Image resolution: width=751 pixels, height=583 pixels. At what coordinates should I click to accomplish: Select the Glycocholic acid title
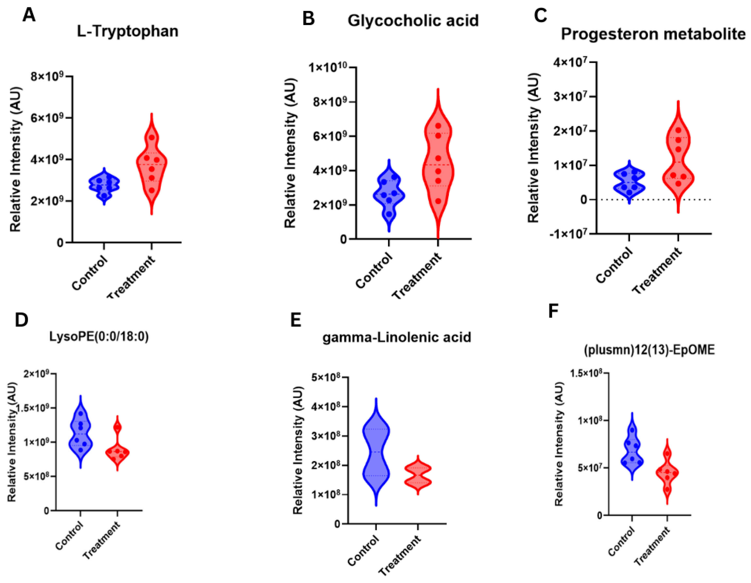[413, 21]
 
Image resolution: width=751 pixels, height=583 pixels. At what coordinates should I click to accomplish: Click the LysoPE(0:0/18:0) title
[99, 336]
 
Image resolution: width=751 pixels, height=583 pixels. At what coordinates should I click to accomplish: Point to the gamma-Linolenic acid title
[396, 337]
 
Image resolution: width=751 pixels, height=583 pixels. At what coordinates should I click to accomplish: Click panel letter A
[29, 16]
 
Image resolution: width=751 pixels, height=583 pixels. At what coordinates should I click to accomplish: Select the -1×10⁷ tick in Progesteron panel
[568, 234]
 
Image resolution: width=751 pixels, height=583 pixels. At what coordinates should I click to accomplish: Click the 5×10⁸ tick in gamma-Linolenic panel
[326, 378]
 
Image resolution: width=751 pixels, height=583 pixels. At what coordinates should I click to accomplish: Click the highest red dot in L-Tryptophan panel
[152, 138]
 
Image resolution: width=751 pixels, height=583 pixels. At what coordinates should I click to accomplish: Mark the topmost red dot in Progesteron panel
[678, 130]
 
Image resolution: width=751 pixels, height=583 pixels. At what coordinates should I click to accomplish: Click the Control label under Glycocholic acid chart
[374, 271]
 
